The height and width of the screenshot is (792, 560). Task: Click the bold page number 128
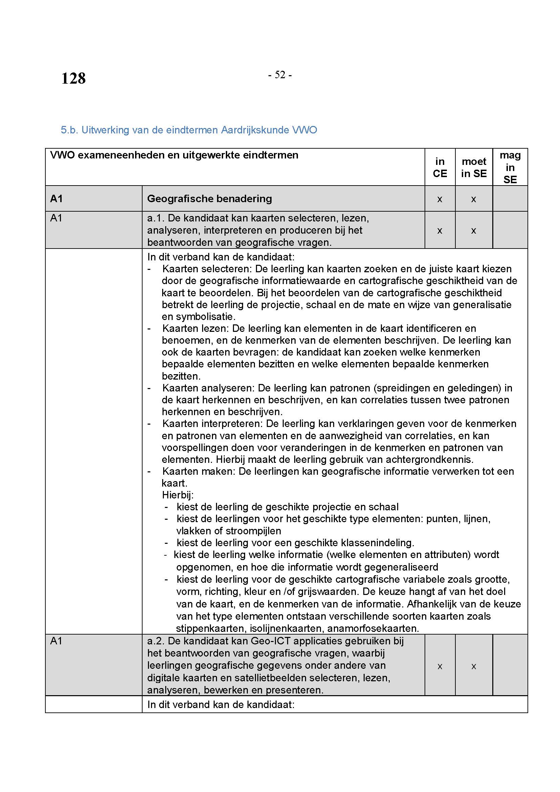(73, 78)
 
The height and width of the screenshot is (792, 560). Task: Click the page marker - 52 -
(280, 74)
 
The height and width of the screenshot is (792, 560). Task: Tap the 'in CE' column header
(440, 167)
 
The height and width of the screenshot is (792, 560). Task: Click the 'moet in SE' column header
(474, 167)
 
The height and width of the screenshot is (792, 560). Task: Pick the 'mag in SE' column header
(510, 167)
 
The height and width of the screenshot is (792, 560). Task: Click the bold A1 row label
(57, 199)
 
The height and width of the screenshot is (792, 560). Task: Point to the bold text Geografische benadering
(209, 199)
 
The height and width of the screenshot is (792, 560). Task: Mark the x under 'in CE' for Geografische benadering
(440, 199)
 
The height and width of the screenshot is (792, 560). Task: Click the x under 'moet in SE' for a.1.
(473, 231)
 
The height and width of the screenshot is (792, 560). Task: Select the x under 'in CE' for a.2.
(440, 666)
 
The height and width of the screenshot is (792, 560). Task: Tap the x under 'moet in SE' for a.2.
(473, 666)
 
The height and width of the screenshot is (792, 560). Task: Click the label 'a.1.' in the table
(156, 218)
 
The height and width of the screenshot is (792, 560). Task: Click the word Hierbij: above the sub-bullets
(178, 495)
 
